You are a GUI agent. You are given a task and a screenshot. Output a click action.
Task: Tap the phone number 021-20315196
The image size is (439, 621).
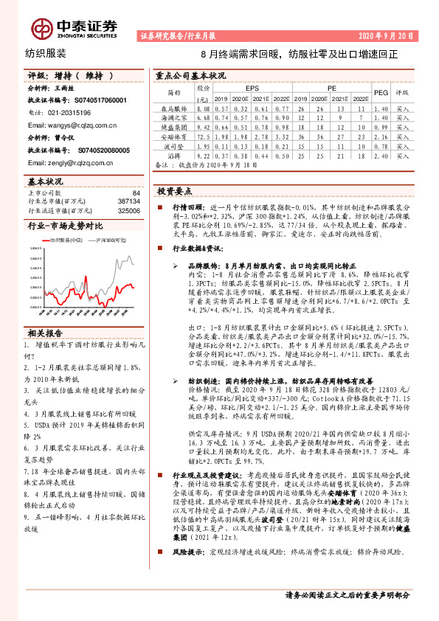[x=64, y=112]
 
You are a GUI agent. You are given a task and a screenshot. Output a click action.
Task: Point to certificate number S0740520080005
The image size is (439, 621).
[x=86, y=150]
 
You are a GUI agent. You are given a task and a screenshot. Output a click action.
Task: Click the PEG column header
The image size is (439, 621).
[x=381, y=93]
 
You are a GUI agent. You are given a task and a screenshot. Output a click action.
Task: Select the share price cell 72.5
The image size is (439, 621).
[x=203, y=136]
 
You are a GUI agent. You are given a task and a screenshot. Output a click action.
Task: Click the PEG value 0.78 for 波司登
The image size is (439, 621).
[x=381, y=146]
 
